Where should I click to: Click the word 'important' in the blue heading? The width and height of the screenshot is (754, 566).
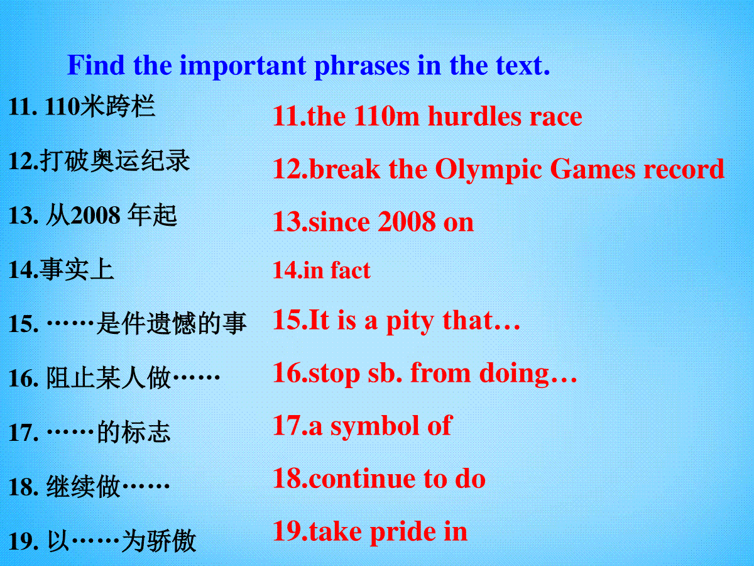point(243,67)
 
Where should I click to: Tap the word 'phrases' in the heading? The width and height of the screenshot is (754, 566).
point(362,67)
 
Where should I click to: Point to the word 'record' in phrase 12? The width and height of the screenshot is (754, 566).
point(684,169)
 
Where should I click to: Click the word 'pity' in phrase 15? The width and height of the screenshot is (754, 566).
point(410,321)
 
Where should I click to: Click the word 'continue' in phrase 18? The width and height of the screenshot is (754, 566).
point(362,479)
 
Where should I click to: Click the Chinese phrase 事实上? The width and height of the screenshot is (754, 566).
point(77,270)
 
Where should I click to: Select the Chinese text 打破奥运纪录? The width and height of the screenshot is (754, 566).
point(115,161)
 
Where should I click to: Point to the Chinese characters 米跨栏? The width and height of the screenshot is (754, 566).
point(117,106)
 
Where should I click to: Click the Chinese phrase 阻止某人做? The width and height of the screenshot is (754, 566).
point(108,378)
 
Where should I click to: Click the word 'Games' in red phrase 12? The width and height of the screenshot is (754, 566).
point(593,169)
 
